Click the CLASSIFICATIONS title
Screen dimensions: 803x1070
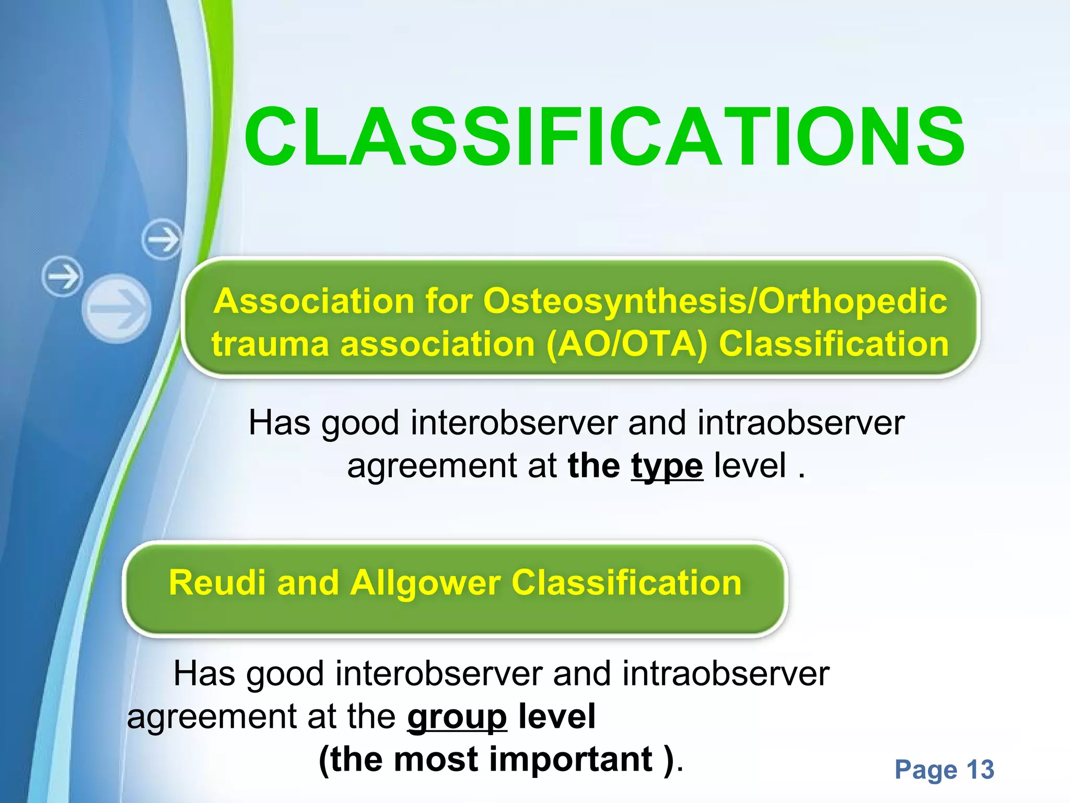(x=604, y=137)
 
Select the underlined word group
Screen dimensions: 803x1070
(x=457, y=717)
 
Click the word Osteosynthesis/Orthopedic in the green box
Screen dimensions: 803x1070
(x=715, y=302)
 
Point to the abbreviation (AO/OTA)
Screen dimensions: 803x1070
(x=626, y=345)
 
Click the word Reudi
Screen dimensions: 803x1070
(x=217, y=583)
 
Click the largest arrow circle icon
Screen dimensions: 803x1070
(x=117, y=308)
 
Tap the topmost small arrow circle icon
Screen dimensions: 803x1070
(x=162, y=239)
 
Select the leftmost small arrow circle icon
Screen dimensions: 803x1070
(x=62, y=276)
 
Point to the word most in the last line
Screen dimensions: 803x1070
(x=436, y=759)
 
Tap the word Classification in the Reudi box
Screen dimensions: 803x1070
(x=626, y=583)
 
